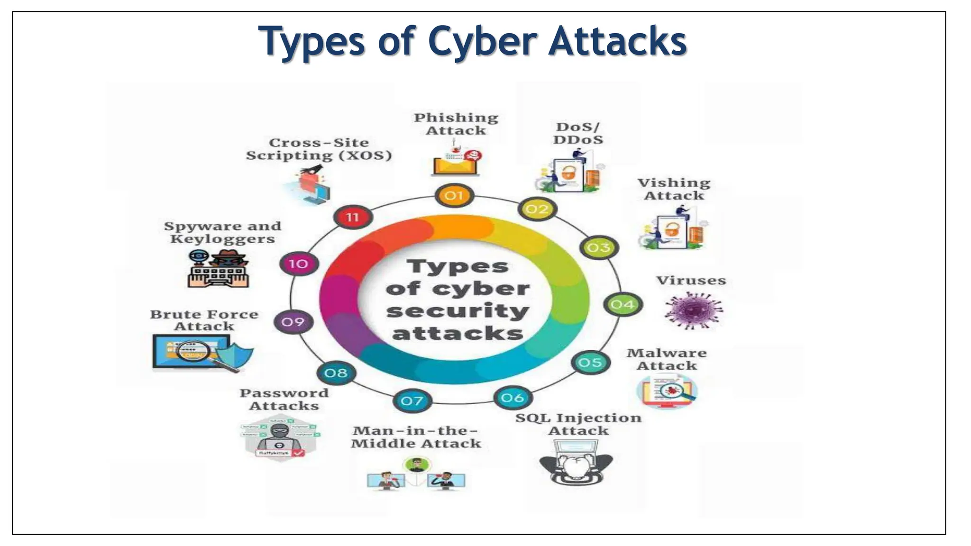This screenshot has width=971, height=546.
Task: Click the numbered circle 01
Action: pyautogui.click(x=454, y=195)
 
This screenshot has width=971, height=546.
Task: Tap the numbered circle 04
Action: pyautogui.click(x=622, y=304)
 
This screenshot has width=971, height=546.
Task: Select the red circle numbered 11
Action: pyautogui.click(x=352, y=218)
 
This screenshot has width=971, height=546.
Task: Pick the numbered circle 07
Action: pyautogui.click(x=412, y=401)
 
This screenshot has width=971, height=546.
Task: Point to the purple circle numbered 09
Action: pyautogui.click(x=293, y=322)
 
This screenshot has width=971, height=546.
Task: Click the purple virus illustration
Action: pyautogui.click(x=693, y=310)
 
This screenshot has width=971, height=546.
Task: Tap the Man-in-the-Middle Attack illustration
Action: pyautogui.click(x=416, y=474)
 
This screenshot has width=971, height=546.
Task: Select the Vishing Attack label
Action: pyautogui.click(x=674, y=189)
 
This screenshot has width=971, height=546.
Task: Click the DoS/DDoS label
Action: pyautogui.click(x=577, y=133)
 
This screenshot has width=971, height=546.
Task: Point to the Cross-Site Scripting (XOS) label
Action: pyautogui.click(x=319, y=149)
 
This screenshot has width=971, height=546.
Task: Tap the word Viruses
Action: pyautogui.click(x=691, y=281)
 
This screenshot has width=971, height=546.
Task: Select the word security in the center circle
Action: pyautogui.click(x=458, y=311)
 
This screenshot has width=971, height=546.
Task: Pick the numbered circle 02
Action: pyautogui.click(x=537, y=209)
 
